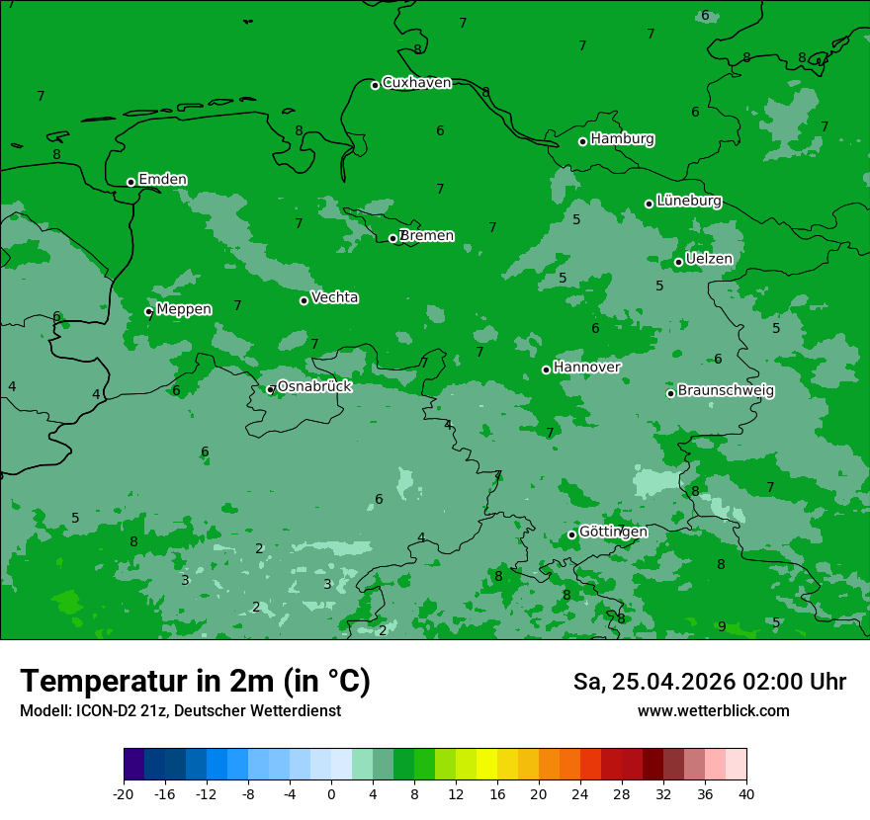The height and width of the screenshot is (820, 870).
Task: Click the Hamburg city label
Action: coord(622,139)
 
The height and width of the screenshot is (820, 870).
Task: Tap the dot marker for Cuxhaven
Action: coord(375,85)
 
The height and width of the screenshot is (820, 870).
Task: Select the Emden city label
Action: coord(162,180)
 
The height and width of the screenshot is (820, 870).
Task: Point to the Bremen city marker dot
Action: coord(392,238)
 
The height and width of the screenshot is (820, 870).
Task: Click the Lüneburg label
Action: coord(688,201)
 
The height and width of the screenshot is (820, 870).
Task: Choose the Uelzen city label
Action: coord(709,259)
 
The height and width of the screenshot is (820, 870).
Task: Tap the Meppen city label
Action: coord(184,309)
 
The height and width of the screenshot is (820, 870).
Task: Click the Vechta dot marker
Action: coord(304,300)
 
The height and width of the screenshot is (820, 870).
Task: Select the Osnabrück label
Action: coord(314,386)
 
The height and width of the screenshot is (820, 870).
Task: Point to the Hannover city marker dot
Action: coord(546,369)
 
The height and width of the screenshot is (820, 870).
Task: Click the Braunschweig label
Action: coord(726,391)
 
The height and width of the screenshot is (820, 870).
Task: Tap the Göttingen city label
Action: coord(613,532)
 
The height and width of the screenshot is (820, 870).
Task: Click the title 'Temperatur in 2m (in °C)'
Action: coord(195,682)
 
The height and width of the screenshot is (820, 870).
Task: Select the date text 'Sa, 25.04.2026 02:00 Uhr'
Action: coord(709,682)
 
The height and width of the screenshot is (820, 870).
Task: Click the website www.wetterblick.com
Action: coord(713,711)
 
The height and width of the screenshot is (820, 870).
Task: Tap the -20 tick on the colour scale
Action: coord(124,794)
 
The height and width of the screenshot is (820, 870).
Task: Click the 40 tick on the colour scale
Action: coord(746,794)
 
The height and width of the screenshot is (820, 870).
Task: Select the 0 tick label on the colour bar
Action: coord(331,794)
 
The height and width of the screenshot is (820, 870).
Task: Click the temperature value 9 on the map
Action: coord(722,626)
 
